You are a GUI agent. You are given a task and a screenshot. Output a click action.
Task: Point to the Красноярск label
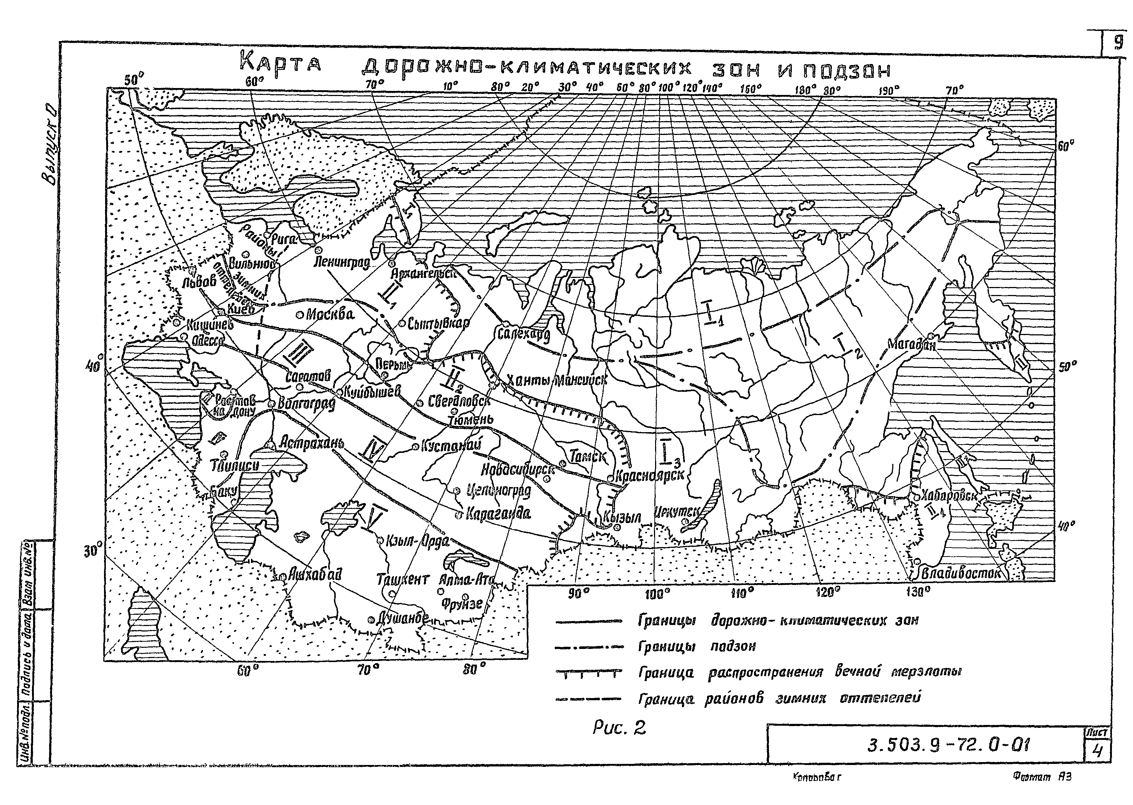649,475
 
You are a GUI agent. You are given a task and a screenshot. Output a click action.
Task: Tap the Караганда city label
498,514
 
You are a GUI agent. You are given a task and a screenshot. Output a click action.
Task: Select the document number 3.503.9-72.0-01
948,745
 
